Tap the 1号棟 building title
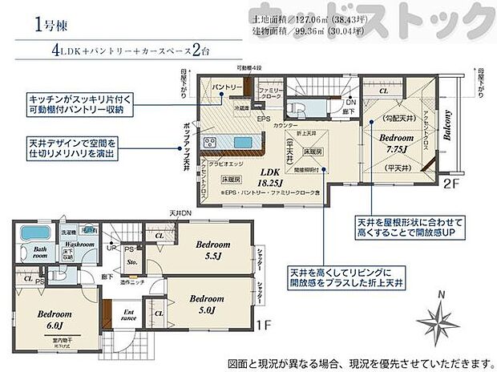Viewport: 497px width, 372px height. point(47,25)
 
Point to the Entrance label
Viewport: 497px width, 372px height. point(128,317)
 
